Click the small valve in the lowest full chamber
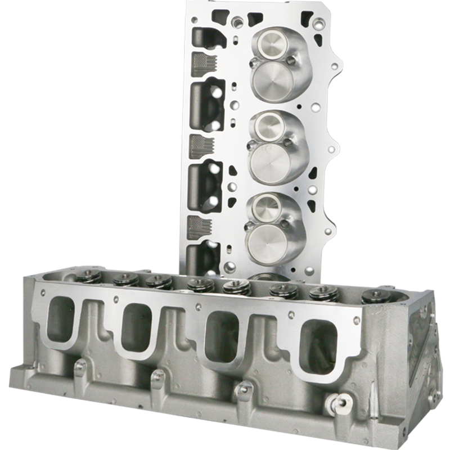pyautogui.click(x=267, y=208)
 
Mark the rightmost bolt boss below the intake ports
pyautogui.click(x=245, y=389)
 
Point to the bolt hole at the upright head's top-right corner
pyautogui.click(x=319, y=24)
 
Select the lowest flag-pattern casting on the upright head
pyautogui.click(x=199, y=227)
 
